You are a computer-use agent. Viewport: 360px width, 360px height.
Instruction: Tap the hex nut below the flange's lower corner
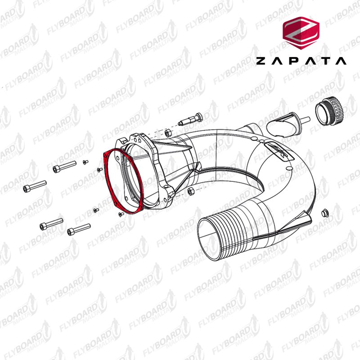190,191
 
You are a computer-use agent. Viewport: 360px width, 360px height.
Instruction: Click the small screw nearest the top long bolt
85,162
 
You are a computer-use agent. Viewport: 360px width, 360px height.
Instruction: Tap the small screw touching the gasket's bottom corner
120,214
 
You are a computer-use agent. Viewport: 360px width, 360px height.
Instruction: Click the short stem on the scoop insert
304,120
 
